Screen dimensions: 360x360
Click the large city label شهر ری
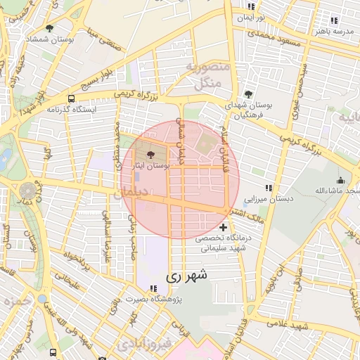(187, 277)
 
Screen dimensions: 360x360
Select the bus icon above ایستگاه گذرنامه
(71, 98)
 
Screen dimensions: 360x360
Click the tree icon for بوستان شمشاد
(50, 28)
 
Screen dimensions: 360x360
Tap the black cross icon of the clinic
(224, 227)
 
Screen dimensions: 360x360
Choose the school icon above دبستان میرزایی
(268, 188)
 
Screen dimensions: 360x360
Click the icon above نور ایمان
(252, 6)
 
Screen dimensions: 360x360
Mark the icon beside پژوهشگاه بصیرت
(153, 288)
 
